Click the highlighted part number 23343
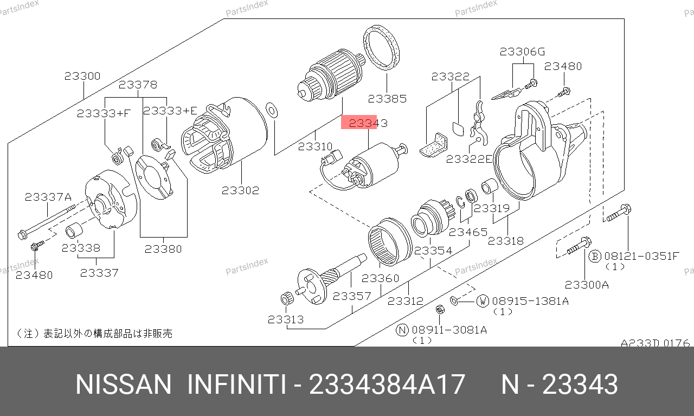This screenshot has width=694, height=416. coord(368,123)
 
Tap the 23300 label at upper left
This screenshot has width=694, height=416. coord(82,76)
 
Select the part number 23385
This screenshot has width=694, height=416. coord(387,99)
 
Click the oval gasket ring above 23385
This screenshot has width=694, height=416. coord(381,47)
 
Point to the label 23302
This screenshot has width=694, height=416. coord(240,190)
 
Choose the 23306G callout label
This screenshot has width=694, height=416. coord(522,52)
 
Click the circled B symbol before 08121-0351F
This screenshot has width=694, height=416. coord(595,257)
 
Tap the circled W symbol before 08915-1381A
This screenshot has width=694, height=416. coord(483,301)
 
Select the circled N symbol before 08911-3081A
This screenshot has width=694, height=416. coord(402,330)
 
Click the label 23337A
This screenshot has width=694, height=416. coord(48,197)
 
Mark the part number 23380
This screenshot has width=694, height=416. coord(163,249)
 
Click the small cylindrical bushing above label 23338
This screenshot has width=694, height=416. coord(74,231)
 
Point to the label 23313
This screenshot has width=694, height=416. coord(286,319)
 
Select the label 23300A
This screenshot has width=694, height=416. coord(587,285)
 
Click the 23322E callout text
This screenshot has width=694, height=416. coord(469,159)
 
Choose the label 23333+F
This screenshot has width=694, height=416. coord(104,113)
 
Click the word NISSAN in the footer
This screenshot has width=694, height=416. coord(123,385)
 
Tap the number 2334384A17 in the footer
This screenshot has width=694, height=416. coord(387,385)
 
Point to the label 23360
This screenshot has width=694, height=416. coord(380,278)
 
